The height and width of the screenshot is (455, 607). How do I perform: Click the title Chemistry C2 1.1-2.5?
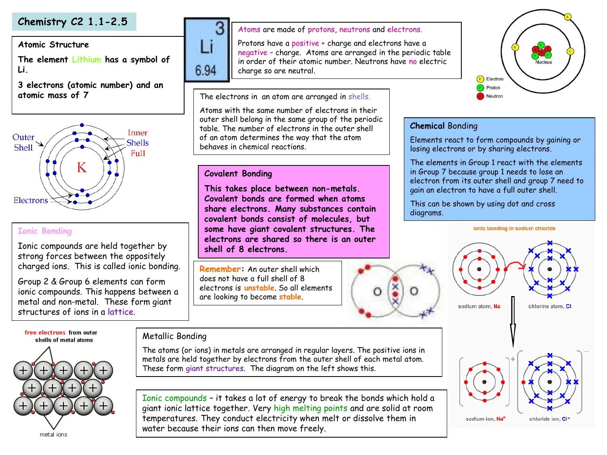pos(73,22)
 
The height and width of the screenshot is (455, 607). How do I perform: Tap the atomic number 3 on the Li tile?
pos(220,28)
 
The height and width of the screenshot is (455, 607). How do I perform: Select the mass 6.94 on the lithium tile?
pos(206,70)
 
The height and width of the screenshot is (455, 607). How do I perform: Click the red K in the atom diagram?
pos(82,167)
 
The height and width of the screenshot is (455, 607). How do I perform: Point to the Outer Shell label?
pos(23,142)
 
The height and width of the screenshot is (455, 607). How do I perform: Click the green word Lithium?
pos(87,60)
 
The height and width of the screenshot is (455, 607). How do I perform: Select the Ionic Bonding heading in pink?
pos(45,231)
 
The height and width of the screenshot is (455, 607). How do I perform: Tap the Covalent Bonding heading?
pos(238,174)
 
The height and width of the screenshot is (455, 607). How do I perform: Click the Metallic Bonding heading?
pos(174,336)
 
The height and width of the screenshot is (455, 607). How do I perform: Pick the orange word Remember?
pos(220,269)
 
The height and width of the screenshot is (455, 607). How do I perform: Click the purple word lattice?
pos(121,312)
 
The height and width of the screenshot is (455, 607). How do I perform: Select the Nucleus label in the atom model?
pos(543,62)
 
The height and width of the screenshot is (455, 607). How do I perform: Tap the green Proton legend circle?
pos(480,88)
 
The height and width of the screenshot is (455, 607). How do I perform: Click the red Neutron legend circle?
pos(480,96)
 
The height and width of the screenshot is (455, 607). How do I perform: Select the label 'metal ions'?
pos(53,434)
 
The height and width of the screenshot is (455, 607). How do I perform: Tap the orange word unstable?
pos(259,288)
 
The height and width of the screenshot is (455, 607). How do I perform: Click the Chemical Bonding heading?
pos(444,126)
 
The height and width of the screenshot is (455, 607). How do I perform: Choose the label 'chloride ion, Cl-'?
pos(549,419)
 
